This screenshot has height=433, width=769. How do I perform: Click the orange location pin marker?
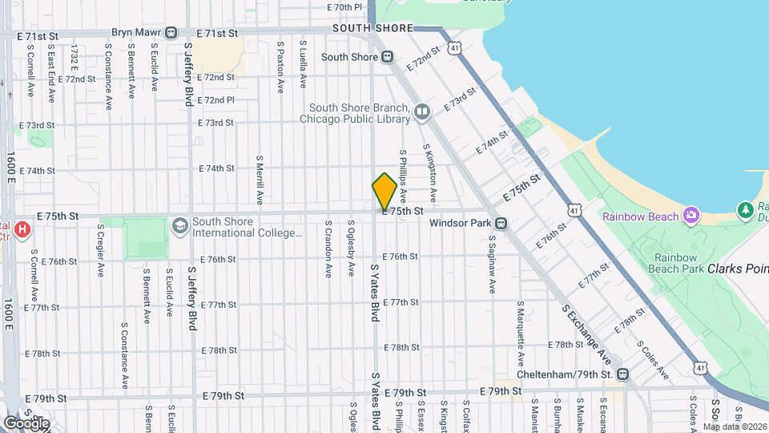(384, 192)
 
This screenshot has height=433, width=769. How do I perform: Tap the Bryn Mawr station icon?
(171, 33)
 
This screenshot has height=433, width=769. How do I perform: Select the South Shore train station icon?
(386, 57)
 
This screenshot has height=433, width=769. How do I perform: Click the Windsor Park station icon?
(501, 223)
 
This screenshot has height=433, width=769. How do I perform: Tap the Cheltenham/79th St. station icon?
(622, 374)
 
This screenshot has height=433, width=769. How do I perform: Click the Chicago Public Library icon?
(422, 111)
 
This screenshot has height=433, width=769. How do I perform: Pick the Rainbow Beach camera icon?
(690, 215)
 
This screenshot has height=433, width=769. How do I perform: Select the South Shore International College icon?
(179, 226)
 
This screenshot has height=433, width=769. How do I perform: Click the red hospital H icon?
(22, 229)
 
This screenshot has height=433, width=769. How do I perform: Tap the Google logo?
(26, 423)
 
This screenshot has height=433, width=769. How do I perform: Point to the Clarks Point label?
(738, 269)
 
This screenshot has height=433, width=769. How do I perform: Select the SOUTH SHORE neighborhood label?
(366, 27)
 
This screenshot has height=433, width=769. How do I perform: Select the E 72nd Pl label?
(215, 100)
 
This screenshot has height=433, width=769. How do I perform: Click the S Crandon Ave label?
(328, 249)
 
